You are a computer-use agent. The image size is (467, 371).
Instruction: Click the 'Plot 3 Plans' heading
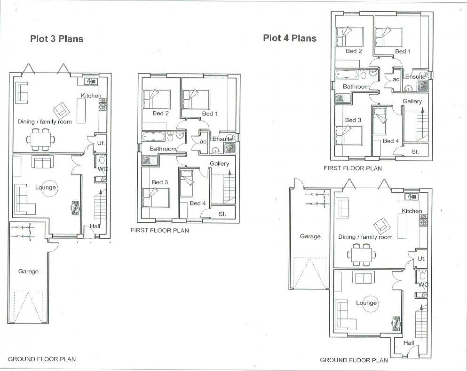(x=57, y=39)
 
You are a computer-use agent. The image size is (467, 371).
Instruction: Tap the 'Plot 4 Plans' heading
(x=290, y=38)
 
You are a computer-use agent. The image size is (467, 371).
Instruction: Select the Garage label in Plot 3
(x=28, y=271)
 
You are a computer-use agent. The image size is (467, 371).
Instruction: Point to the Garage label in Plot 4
(x=310, y=236)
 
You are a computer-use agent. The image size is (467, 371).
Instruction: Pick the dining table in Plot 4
(x=361, y=255)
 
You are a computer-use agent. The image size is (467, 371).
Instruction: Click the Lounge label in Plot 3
(x=45, y=187)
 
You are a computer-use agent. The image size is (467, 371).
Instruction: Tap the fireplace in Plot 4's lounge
(x=396, y=323)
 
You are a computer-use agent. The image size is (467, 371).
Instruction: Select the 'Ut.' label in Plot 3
(x=101, y=143)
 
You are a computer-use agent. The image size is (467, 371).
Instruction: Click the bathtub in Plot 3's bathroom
(x=153, y=136)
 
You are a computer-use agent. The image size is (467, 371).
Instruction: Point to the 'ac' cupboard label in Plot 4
(x=396, y=79)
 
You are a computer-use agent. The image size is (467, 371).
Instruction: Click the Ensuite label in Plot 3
(x=222, y=139)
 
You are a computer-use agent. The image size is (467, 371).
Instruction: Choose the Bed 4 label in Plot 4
(x=391, y=141)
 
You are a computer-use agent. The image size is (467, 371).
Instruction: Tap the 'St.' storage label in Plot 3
(x=222, y=214)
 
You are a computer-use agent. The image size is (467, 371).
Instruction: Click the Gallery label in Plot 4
(x=412, y=101)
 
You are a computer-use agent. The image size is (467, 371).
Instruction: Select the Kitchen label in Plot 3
(x=91, y=96)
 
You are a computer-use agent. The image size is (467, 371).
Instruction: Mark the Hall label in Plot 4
(x=408, y=343)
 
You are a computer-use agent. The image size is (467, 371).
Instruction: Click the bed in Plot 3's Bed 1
(x=196, y=99)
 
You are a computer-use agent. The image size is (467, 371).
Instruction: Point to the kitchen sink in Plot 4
(x=411, y=197)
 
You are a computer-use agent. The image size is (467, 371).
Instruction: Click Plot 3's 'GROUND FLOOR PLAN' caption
(x=42, y=359)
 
